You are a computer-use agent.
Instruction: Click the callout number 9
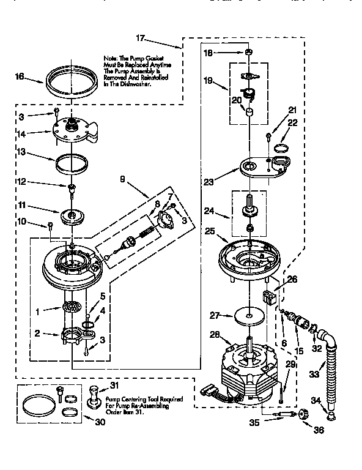122,181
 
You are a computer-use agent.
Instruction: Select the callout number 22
292,123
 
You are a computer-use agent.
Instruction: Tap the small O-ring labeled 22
283,147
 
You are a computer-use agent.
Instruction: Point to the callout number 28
214,334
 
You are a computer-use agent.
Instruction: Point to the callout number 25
210,232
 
